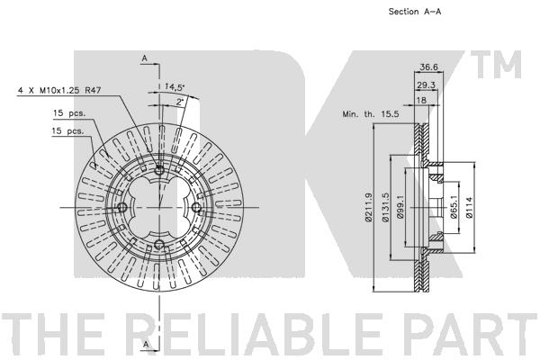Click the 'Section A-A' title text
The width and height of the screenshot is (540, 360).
(415, 12)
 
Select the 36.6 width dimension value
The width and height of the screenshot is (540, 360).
(428, 67)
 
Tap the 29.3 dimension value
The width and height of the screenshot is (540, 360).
(426, 85)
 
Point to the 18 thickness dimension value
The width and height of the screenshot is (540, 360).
(421, 100)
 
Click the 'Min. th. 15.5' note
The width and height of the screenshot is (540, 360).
(371, 114)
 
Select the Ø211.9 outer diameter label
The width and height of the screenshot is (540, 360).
(368, 207)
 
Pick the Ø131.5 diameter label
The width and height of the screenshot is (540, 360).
(386, 207)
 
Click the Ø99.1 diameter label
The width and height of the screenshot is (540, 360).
(400, 208)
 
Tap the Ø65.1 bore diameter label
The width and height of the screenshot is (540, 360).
(454, 207)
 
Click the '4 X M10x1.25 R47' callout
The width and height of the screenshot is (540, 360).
(59, 91)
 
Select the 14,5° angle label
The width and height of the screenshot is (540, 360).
(175, 86)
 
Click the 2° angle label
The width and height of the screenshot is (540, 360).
(180, 102)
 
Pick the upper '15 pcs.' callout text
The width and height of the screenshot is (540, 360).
(69, 113)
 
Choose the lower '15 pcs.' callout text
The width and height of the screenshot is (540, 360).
(67, 130)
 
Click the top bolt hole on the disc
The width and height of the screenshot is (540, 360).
(159, 170)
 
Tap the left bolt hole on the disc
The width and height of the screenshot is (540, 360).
(122, 207)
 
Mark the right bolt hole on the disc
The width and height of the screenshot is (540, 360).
(196, 207)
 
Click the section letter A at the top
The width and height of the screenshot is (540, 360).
(145, 58)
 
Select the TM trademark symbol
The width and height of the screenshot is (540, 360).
(496, 65)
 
